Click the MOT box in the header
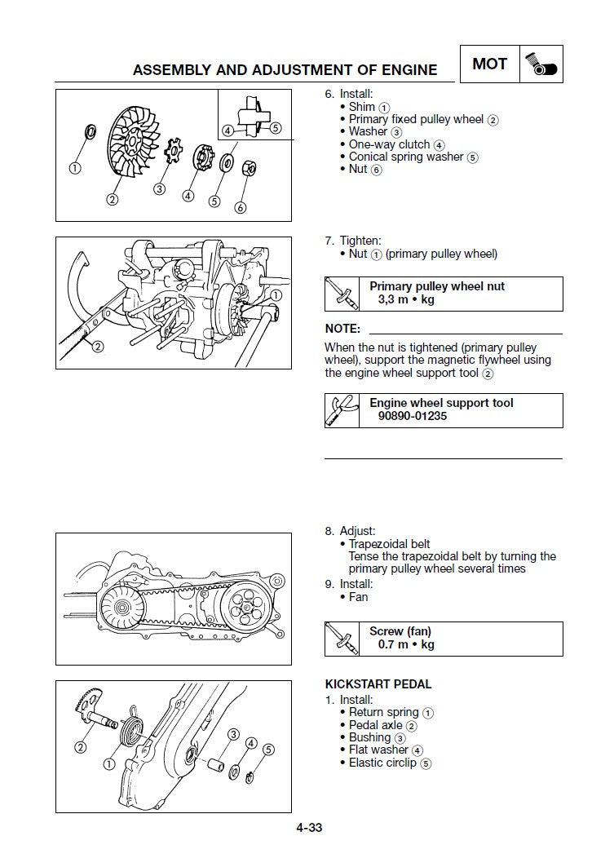[489, 64]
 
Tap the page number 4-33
[309, 828]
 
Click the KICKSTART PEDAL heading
[378, 684]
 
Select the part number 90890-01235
[412, 416]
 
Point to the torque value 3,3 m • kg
[405, 299]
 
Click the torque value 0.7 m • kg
[405, 644]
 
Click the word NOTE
[342, 329]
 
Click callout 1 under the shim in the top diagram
[75, 169]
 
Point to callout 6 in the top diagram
[240, 207]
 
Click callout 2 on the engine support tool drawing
[98, 347]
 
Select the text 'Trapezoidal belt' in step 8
[389, 544]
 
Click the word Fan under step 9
[358, 597]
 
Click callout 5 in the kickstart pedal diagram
[268, 750]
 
